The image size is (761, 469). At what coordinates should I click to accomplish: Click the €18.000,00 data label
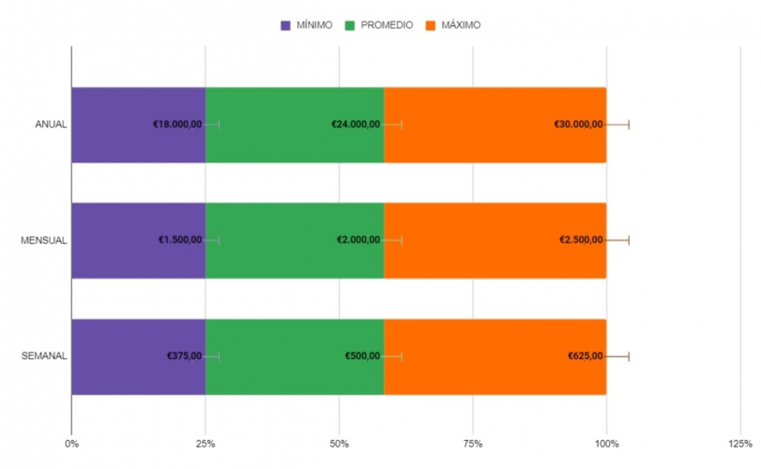177,125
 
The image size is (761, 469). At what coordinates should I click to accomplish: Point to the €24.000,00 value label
356,125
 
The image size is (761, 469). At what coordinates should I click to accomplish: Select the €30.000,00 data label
578,125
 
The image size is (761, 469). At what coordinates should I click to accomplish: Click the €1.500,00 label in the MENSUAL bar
180,240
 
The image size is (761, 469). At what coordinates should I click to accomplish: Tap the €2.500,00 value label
581,240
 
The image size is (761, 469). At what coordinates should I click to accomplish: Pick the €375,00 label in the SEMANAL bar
185,356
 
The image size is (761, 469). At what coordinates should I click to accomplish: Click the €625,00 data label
585,356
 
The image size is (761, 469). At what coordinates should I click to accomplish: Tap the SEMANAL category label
44,356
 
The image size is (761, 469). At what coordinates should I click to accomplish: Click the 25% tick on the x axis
205,444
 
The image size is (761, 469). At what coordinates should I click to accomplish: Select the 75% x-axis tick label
473,444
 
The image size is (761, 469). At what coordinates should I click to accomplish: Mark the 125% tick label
740,444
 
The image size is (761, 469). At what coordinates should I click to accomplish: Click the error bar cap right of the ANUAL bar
629,125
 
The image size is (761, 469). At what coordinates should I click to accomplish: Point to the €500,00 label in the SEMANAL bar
361,356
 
